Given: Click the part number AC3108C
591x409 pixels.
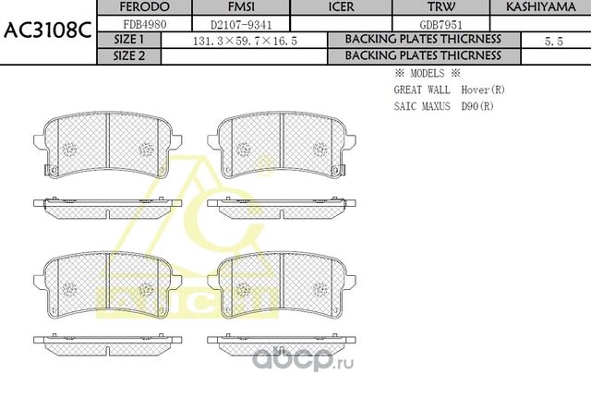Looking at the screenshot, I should [47, 29].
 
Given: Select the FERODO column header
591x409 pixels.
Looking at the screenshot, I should [129, 7].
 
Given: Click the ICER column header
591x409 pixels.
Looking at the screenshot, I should [342, 7].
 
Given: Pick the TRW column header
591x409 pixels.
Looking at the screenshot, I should [434, 7].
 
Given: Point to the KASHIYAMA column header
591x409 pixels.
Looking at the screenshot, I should [540, 7].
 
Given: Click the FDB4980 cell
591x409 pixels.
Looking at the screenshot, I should [129, 24].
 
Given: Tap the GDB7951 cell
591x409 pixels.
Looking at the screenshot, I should [434, 24].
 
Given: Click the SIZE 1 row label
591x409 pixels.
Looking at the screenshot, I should [128, 41].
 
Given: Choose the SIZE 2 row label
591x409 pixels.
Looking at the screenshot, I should [128, 55].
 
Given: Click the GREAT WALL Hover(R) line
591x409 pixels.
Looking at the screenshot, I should [450, 90].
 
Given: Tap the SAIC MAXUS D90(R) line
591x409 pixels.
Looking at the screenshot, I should [443, 107].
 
